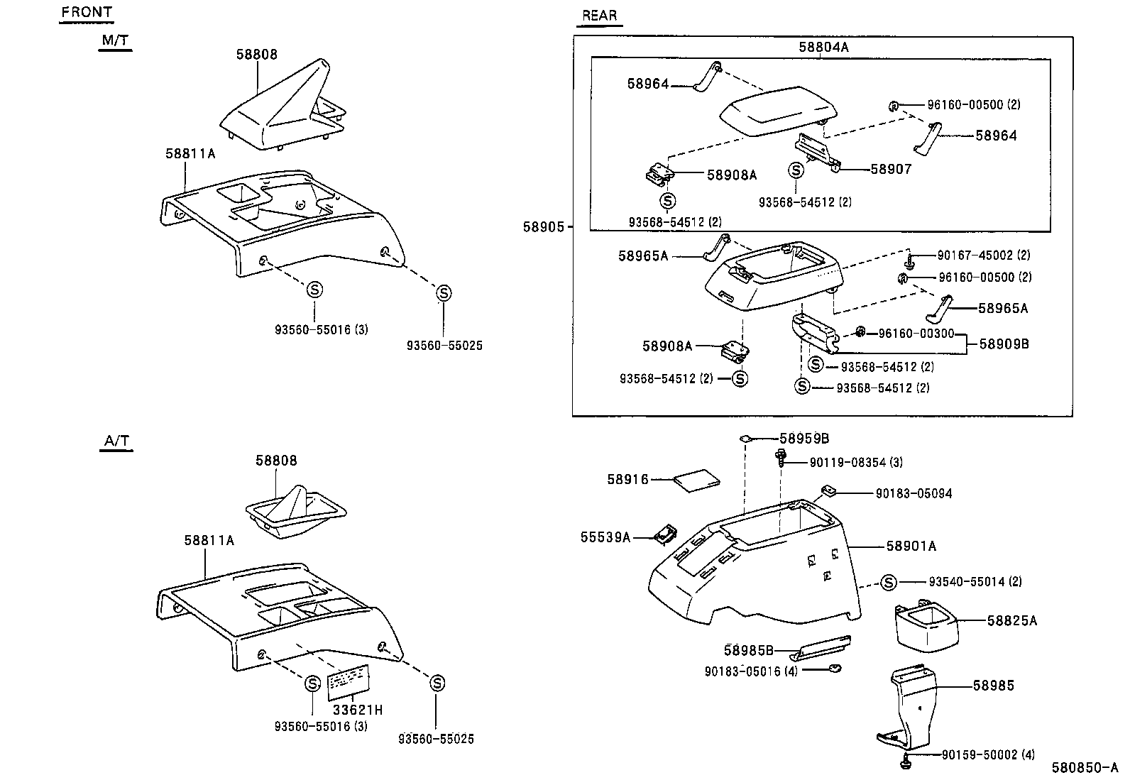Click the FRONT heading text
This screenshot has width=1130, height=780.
(x=87, y=12)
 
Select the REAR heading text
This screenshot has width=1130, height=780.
(x=599, y=15)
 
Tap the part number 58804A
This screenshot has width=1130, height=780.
(x=823, y=48)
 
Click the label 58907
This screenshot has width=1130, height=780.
(x=891, y=169)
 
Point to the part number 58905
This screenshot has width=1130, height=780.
(x=543, y=227)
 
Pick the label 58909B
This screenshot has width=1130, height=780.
(x=1004, y=344)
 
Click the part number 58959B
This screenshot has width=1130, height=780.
(x=804, y=439)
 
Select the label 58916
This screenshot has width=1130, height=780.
(x=627, y=480)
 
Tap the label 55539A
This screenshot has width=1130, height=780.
(x=605, y=537)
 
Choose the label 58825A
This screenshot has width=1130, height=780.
(x=1011, y=621)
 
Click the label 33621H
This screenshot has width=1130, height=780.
(x=358, y=710)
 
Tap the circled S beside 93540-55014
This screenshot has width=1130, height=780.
(x=889, y=583)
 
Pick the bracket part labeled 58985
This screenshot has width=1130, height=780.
(x=912, y=710)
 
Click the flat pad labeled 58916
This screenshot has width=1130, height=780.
(x=696, y=480)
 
